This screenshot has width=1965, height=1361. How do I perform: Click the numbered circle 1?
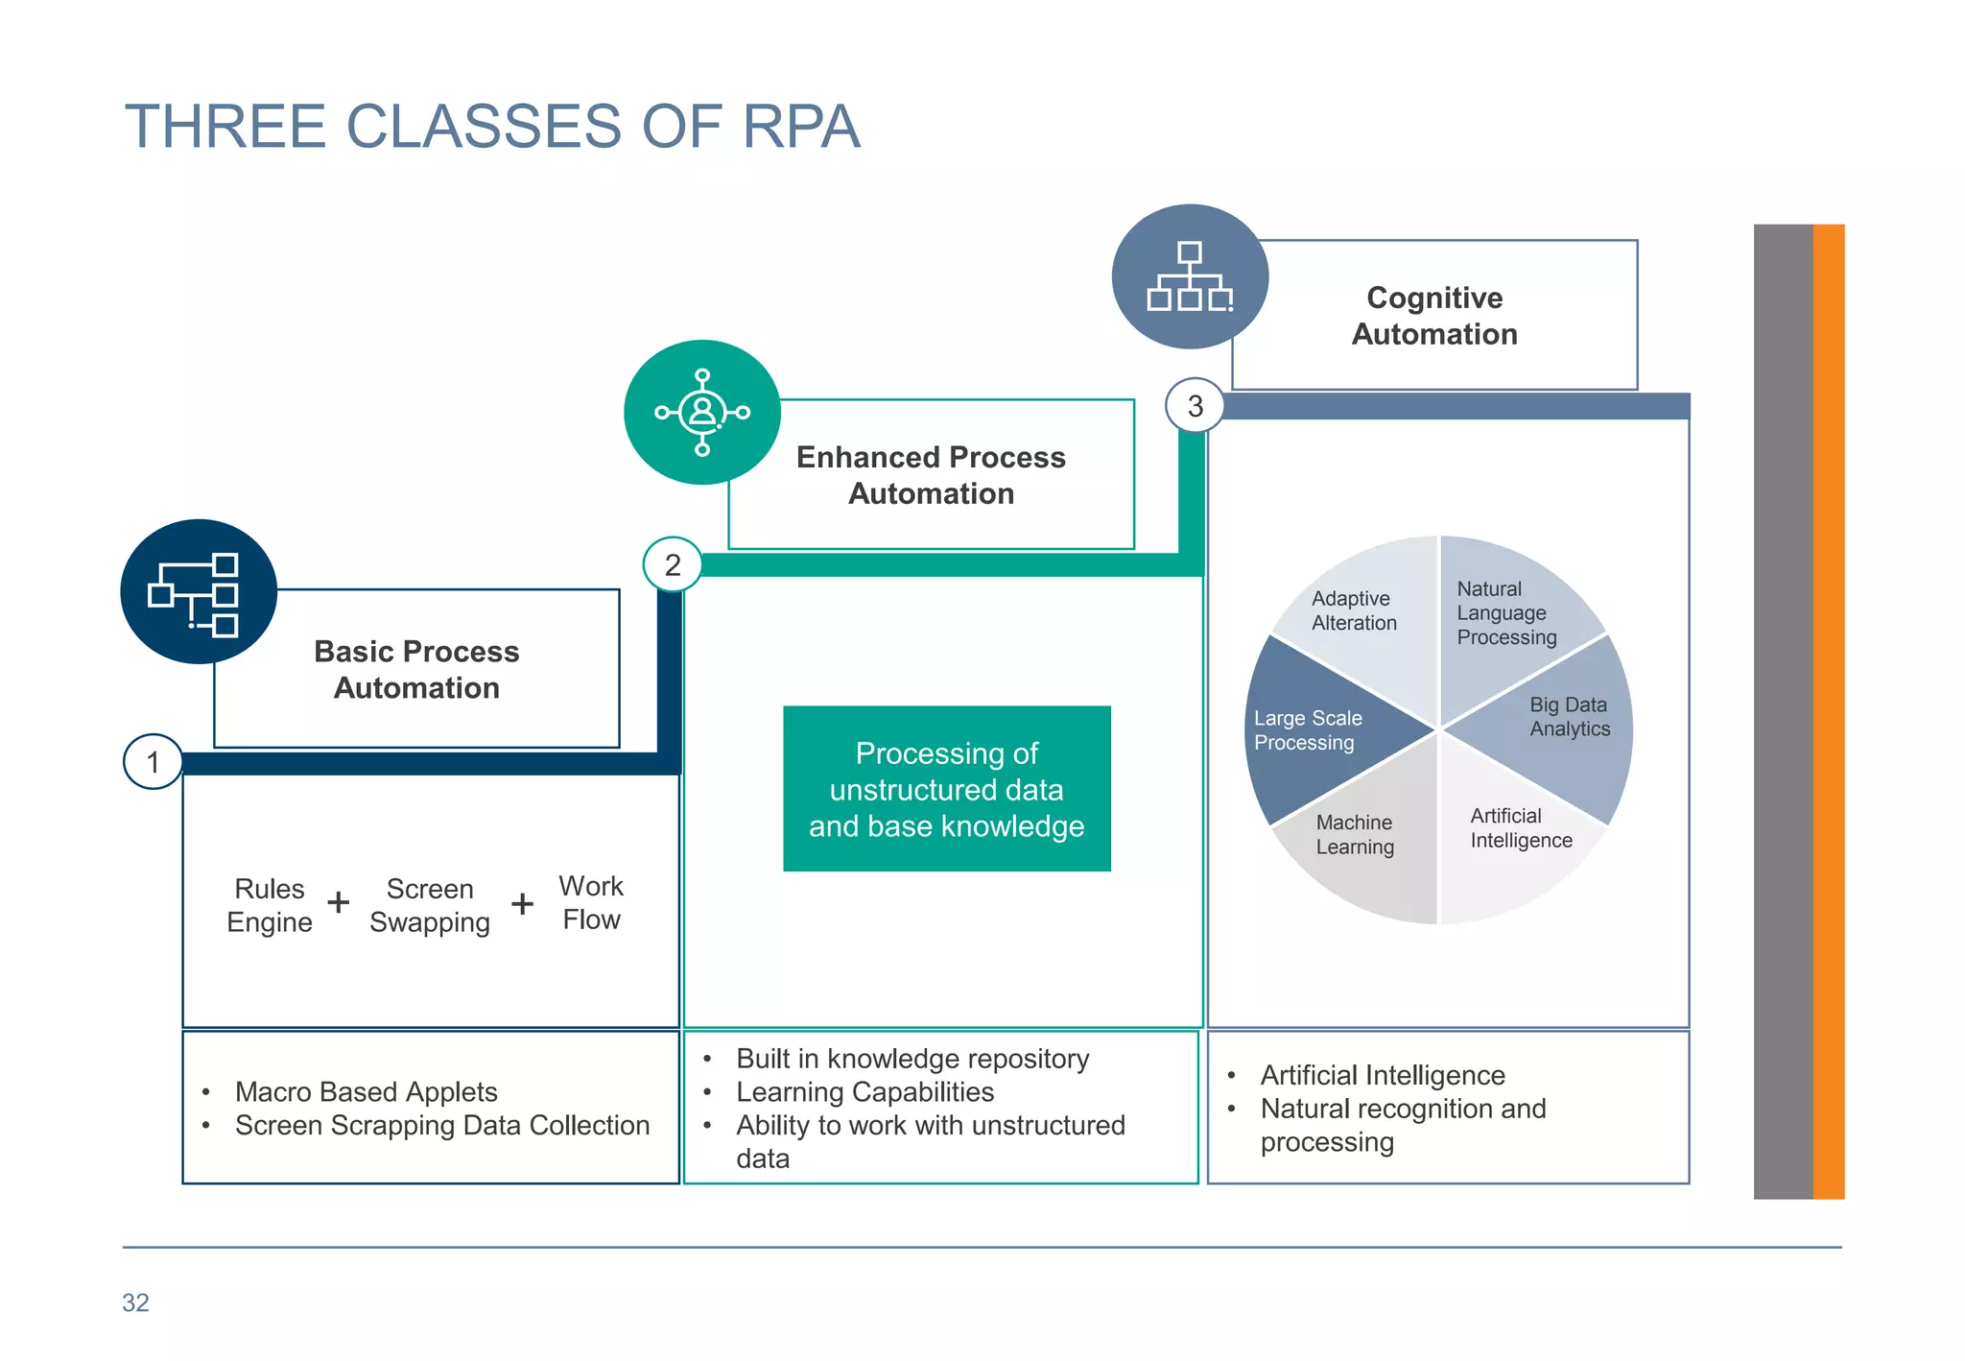coord(153,762)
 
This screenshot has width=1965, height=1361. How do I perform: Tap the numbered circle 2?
coord(673,564)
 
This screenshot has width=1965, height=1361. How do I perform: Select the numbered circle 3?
coord(1195,406)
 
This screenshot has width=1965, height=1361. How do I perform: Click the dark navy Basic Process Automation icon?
coord(199,591)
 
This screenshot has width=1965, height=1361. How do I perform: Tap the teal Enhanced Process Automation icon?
coord(702,413)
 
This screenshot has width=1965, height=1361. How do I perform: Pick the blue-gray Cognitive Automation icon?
coord(1190,276)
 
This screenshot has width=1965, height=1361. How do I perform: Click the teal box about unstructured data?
coord(946,789)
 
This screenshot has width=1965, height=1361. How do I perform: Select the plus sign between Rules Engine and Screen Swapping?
coord(339,902)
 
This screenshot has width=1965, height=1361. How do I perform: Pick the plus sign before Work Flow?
coord(523,902)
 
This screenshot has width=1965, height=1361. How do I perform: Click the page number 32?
coord(135,1302)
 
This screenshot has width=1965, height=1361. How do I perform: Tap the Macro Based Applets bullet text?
coord(366,1091)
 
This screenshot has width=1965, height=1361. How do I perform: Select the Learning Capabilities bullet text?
coord(864,1091)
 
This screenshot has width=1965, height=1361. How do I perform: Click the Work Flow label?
coord(591,902)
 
